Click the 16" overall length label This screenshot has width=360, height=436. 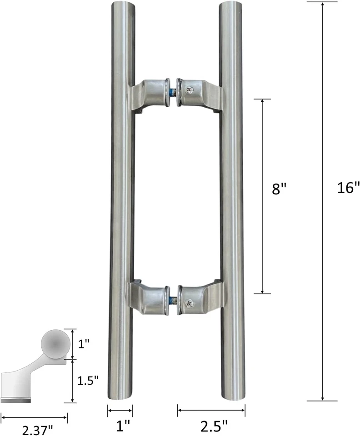pos(348,188)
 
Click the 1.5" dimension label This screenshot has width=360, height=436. pos(87,381)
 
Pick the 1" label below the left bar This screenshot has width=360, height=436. pos(120,426)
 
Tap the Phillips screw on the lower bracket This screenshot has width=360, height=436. pos(190,301)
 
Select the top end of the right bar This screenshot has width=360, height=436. pos(232,5)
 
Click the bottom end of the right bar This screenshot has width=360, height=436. pos(232,398)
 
